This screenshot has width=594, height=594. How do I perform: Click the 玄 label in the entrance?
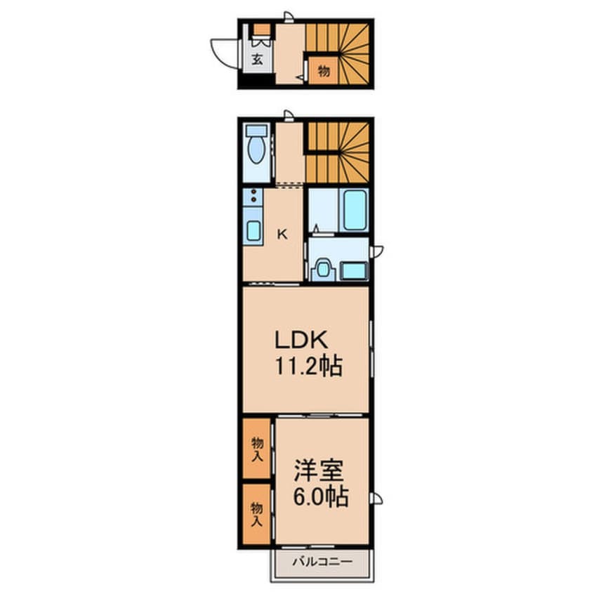click(257, 60)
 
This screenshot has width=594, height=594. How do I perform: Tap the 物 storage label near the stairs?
click(324, 70)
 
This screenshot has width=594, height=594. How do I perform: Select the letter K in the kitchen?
click(281, 235)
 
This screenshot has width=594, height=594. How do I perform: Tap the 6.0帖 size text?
click(320, 497)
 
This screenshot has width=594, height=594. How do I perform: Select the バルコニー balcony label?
click(320, 561)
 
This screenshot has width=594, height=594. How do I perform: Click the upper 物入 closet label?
click(258, 449)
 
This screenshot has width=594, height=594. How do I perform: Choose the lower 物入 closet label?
click(258, 514)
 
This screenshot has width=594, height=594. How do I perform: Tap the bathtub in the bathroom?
click(355, 209)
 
